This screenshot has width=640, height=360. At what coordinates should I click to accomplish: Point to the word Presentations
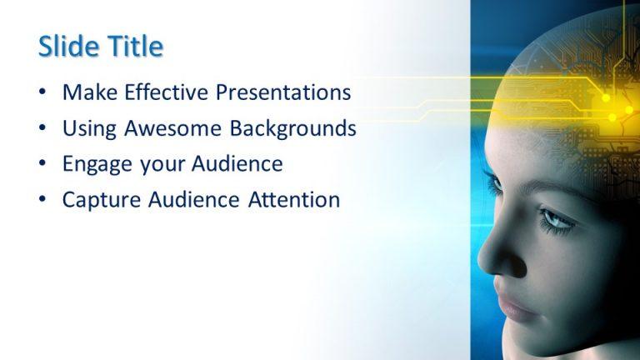[283, 92]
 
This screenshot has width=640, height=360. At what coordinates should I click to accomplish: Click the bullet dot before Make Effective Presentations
[42, 92]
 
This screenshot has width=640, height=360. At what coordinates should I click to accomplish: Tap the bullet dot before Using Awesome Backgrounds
[42, 129]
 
